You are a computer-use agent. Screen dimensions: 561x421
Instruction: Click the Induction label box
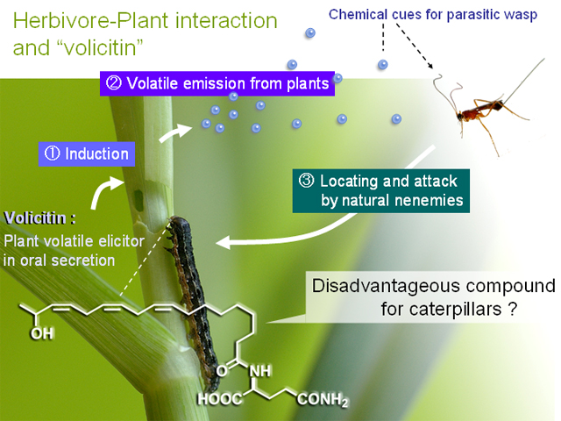pos(87,154)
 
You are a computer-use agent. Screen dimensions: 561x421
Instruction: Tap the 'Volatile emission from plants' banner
pos(217,83)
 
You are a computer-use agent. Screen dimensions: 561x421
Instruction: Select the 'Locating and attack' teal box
pos(381,191)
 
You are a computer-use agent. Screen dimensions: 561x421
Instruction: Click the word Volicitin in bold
pos(35,218)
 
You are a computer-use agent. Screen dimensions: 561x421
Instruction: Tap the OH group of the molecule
pos(42,333)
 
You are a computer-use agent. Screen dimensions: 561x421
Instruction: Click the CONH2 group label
pos(323,400)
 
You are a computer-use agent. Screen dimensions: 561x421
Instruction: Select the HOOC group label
pos(220,399)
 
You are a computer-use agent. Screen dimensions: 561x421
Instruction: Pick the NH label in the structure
pos(260,371)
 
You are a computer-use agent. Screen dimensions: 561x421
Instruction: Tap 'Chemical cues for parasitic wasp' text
pos(433,15)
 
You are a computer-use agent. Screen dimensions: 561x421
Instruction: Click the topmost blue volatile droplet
pos(310,33)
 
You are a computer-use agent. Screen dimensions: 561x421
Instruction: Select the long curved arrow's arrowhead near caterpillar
pos(223,243)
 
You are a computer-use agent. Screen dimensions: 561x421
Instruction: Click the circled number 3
pos(306,181)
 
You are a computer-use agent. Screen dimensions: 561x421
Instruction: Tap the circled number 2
pos(114,83)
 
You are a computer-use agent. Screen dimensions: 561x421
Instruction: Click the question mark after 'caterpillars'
pos(512,309)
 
